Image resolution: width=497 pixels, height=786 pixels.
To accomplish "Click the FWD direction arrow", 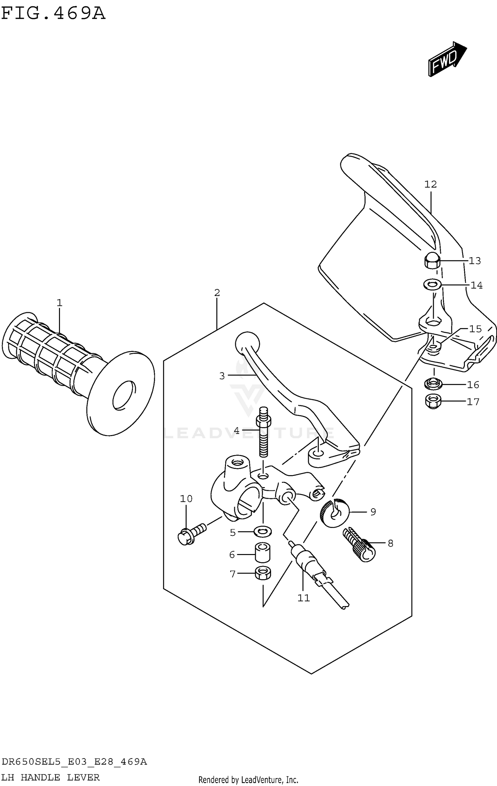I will coord(447,59).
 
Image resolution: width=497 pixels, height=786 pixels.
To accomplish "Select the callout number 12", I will coord(430,184).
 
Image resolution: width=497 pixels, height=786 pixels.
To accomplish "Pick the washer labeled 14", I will coord(432,284).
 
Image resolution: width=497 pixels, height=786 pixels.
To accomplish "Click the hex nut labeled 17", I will coord(433,402).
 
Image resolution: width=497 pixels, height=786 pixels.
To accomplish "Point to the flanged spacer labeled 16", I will coord(433,384).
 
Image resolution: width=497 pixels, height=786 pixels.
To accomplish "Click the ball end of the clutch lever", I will coord(247,344).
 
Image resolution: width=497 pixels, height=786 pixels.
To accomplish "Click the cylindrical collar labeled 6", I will coord(262,552).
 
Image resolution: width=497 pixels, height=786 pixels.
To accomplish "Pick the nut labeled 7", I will coord(263,573).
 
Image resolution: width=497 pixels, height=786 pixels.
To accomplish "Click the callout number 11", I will coord(303,597).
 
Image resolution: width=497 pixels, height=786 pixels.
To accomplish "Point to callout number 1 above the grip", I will coord(59,303).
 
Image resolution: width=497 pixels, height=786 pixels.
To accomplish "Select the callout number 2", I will coord(217,293).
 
